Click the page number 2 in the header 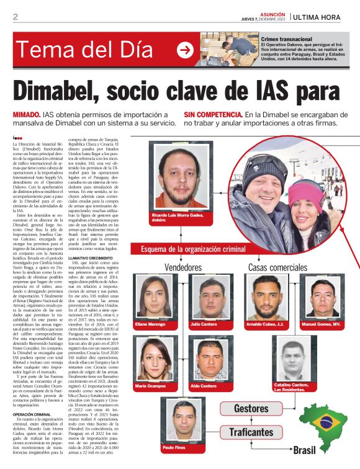tap(15, 17)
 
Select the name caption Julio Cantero tap(203, 324)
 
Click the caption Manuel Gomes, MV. tap(320, 324)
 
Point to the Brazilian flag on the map tap(325, 422)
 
